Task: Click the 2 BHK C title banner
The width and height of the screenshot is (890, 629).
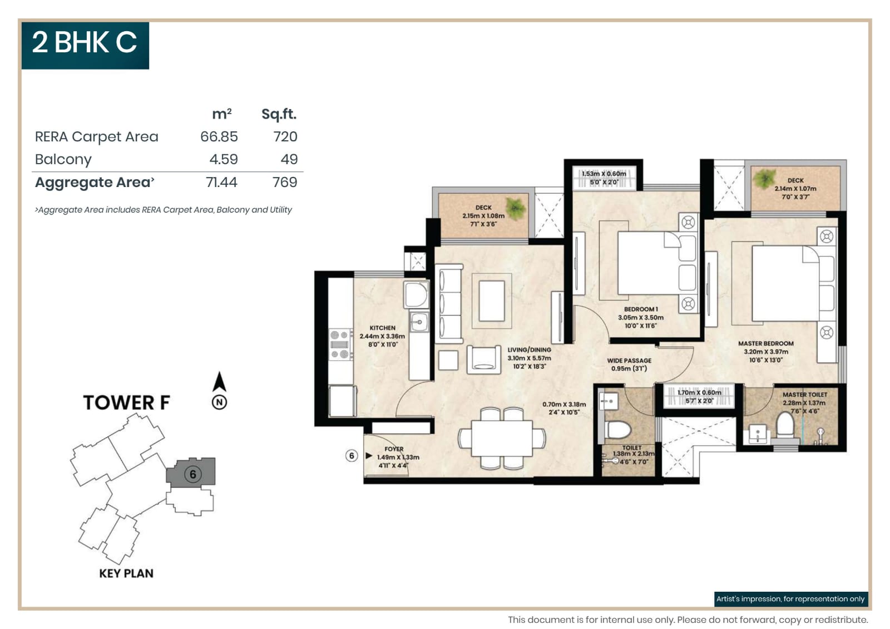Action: coord(85,45)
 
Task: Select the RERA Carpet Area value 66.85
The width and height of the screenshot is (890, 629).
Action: coord(219,137)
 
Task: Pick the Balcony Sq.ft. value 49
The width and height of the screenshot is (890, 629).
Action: coord(289,160)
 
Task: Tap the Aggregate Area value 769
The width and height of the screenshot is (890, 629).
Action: coord(284,183)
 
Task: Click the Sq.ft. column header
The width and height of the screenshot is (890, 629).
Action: coord(279,114)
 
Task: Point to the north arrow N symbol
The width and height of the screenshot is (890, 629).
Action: coord(219,402)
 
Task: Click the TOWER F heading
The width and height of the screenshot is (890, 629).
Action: coord(126,402)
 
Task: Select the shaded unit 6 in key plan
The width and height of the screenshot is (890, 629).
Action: coord(192,474)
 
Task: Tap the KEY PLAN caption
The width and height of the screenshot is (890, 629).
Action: coord(126,573)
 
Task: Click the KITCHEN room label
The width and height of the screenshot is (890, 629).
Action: coord(382,328)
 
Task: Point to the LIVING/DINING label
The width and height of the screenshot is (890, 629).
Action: coord(529,350)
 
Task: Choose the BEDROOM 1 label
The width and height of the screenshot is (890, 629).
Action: coord(641,309)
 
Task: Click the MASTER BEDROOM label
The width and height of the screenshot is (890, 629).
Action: coord(765,344)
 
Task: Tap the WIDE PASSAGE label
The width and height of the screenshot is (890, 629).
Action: coord(629,361)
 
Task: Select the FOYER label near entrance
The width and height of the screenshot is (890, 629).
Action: coord(394,449)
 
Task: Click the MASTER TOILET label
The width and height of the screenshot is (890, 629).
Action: coord(804,395)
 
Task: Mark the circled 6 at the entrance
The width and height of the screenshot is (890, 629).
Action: coord(351,456)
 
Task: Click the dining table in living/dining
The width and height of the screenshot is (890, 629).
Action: coord(502,438)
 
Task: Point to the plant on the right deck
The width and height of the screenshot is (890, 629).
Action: coord(764,179)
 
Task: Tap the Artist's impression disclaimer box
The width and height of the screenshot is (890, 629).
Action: coord(790,599)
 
